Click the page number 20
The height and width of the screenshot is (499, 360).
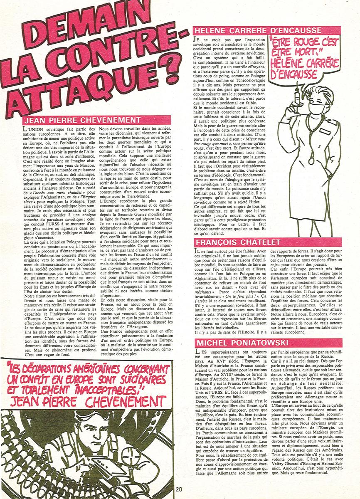(x=179, y=489)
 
